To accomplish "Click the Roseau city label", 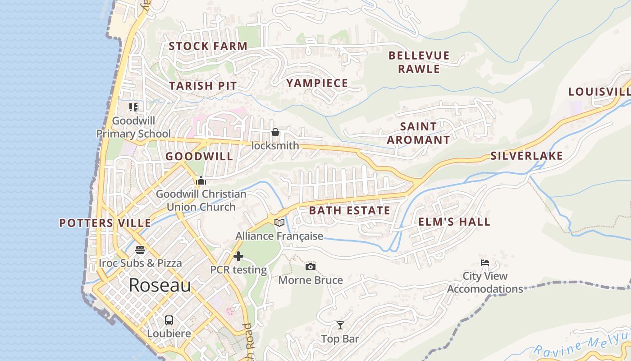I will coord(160,285).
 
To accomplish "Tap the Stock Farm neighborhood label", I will coord(208,46).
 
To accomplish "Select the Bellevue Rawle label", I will coord(419,62).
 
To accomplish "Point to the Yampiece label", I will coord(317,83).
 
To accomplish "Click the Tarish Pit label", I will coord(203,86).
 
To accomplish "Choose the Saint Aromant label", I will coord(418,133).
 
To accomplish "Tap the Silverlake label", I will coord(526,156).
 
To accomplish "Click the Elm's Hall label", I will coord(454,222).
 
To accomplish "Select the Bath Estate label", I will coord(350,210).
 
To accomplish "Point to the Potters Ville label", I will coord(105,223).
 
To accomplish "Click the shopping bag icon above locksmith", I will coord(275,132).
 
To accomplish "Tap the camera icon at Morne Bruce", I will coord(310,267).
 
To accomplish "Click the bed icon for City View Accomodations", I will coord(485,262).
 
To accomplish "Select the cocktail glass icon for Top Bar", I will coord(340,325).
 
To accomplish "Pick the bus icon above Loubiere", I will coord(169,320).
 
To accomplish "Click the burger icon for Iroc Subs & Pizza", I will coord(140,250).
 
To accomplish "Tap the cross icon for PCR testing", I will coord(238,257).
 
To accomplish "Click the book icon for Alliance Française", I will coord(279,222).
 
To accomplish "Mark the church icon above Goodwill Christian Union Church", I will coord(201,181).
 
